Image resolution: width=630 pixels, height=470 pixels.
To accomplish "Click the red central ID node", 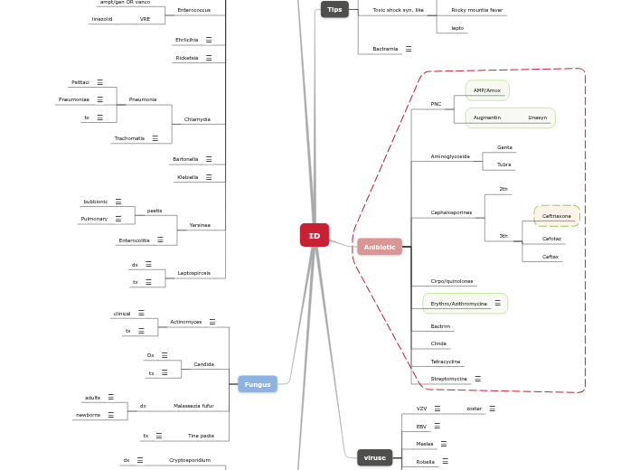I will [315, 235].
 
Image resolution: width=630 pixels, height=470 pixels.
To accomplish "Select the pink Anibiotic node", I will [380, 247].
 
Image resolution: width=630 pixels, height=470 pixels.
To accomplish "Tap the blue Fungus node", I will [258, 384].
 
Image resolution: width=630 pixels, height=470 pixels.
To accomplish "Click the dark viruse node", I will [374, 457].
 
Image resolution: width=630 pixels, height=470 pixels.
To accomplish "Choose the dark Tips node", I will [334, 9].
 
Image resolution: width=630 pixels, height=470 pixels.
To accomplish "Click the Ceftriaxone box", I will [557, 216].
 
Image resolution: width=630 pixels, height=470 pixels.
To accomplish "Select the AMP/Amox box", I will [487, 90].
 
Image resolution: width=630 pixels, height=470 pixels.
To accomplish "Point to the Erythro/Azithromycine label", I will [458, 304].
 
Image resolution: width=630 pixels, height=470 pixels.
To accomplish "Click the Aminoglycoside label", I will [450, 156].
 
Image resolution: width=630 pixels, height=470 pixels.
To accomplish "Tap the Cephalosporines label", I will [451, 212].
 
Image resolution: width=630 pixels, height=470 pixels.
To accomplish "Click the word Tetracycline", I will [446, 362].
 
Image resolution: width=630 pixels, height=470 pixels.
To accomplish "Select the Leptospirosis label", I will [193, 272].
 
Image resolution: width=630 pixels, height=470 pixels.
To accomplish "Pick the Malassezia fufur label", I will [193, 406].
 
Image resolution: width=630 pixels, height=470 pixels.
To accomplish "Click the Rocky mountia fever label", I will [477, 10].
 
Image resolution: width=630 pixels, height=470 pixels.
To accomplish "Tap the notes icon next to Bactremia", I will [409, 49].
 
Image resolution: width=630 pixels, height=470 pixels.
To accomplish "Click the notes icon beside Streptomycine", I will [477, 379].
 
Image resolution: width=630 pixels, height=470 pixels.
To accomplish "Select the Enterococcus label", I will [193, 10].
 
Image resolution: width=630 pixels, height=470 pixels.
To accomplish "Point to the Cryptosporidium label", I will [190, 460].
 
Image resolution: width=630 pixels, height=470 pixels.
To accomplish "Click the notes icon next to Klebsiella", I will [209, 177].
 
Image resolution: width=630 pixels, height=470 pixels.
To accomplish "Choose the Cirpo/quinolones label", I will [452, 281].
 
